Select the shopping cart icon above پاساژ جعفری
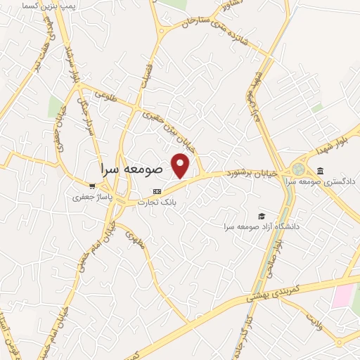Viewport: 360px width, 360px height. pyautogui.click(x=92, y=186)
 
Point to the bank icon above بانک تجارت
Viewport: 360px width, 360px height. pyautogui.click(x=157, y=191)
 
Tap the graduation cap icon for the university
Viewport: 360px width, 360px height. pyautogui.click(x=262, y=215)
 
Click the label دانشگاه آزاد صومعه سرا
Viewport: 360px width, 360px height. pyautogui.click(x=262, y=226)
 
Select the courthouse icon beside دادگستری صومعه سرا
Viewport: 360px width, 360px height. pyautogui.click(x=321, y=172)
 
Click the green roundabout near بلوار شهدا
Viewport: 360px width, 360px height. pyautogui.click(x=300, y=169)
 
